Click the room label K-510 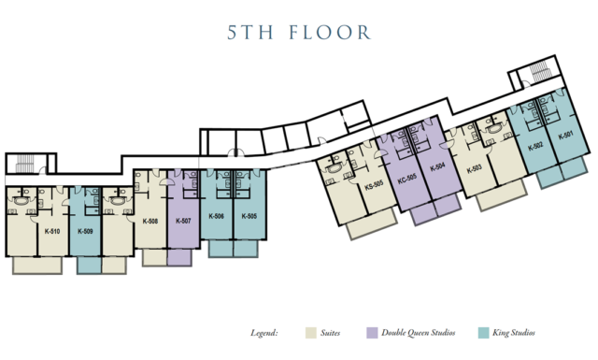[52, 231]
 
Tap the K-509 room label [85, 231]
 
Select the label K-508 [150, 221]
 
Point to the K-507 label [183, 221]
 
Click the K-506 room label [216, 216]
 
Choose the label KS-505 [374, 185]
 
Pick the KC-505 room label [407, 179]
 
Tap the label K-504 [437, 167]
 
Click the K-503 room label [475, 168]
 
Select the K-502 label [535, 146]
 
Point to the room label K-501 [565, 136]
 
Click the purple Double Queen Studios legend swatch [372, 333]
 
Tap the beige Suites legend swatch [311, 333]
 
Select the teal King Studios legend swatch [484, 333]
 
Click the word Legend [263, 333]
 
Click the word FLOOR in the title [330, 33]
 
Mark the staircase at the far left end [25, 163]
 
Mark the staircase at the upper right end [539, 71]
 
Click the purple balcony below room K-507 [178, 257]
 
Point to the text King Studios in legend [514, 333]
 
